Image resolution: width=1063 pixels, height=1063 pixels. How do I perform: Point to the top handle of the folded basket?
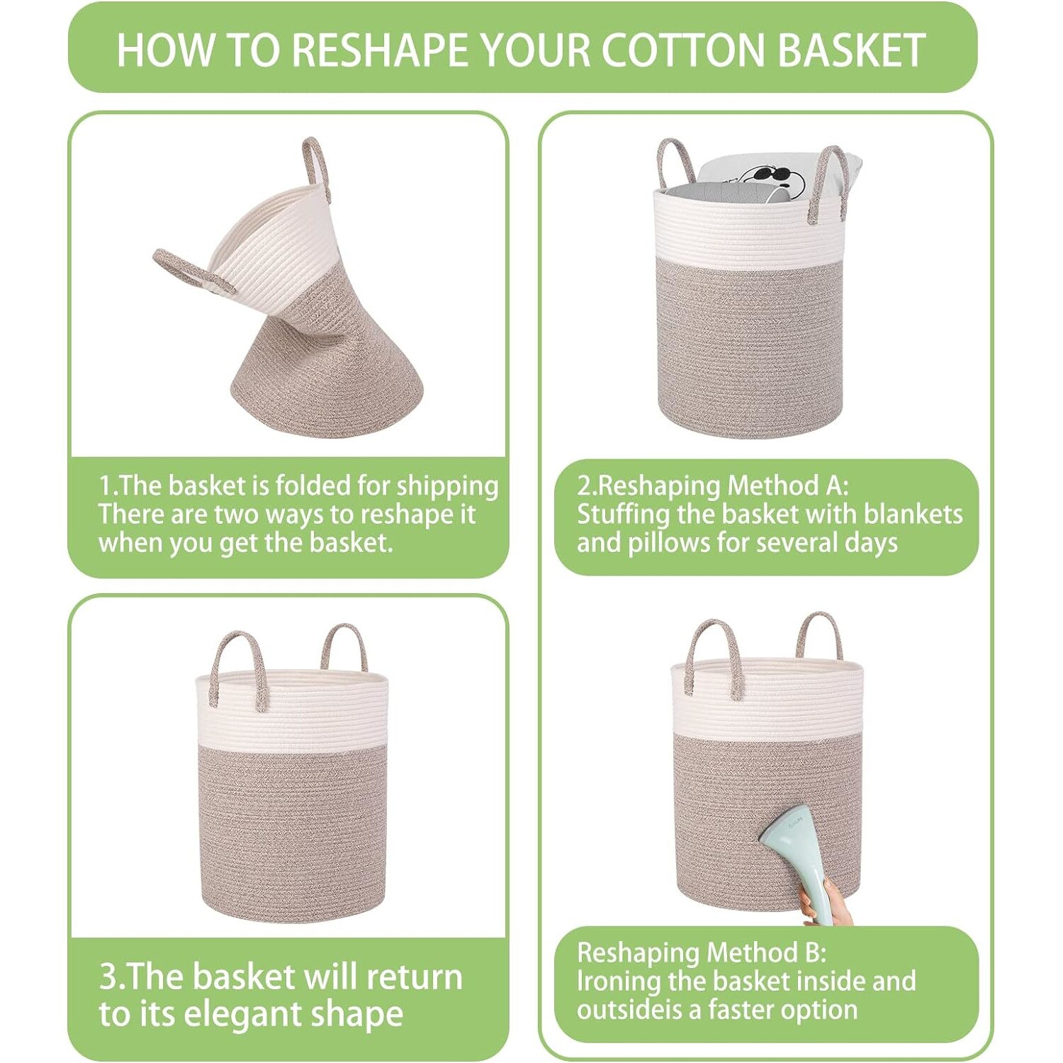[x=316, y=163]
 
